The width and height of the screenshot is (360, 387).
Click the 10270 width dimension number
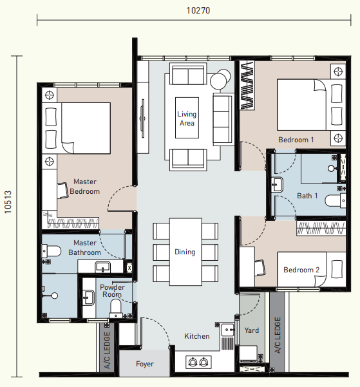[x=198, y=10]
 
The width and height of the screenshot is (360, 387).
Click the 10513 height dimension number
[x=8, y=202]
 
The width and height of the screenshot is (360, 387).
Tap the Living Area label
[x=187, y=118]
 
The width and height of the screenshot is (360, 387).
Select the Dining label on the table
[x=185, y=252]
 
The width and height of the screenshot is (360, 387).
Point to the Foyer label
[x=145, y=364]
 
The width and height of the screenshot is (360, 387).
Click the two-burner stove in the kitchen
[x=198, y=362]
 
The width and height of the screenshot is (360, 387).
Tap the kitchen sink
[x=227, y=330]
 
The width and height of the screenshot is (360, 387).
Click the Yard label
[x=252, y=330]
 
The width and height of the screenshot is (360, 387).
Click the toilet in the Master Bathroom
[x=52, y=251]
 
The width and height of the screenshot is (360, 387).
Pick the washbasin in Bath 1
[x=278, y=184]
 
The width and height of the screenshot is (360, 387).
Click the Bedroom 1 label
[x=296, y=140]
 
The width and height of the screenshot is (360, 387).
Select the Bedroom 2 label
[x=301, y=270]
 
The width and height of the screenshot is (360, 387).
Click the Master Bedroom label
[x=85, y=186]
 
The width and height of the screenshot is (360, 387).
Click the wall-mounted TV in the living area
[x=142, y=118]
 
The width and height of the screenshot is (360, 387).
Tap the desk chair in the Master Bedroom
[x=62, y=191]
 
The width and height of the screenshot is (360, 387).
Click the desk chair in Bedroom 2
[x=260, y=268]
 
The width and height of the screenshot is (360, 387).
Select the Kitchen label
[x=197, y=336]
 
